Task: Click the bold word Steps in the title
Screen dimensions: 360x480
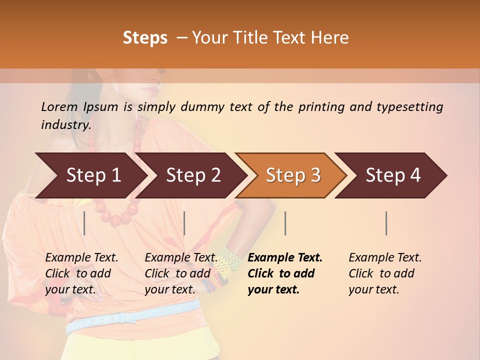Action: click(x=145, y=38)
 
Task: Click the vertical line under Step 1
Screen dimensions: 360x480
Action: click(x=84, y=223)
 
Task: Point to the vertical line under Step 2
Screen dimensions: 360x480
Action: click(x=184, y=223)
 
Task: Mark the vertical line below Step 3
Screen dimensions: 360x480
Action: click(x=285, y=223)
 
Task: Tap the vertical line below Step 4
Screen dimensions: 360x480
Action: click(x=386, y=223)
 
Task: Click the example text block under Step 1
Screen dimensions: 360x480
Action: click(x=81, y=273)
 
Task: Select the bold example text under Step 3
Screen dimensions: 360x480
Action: click(x=285, y=273)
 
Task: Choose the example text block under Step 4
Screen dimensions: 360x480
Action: click(x=385, y=273)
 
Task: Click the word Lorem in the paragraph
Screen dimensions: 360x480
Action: click(x=59, y=107)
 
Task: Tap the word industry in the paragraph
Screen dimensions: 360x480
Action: click(x=66, y=124)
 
